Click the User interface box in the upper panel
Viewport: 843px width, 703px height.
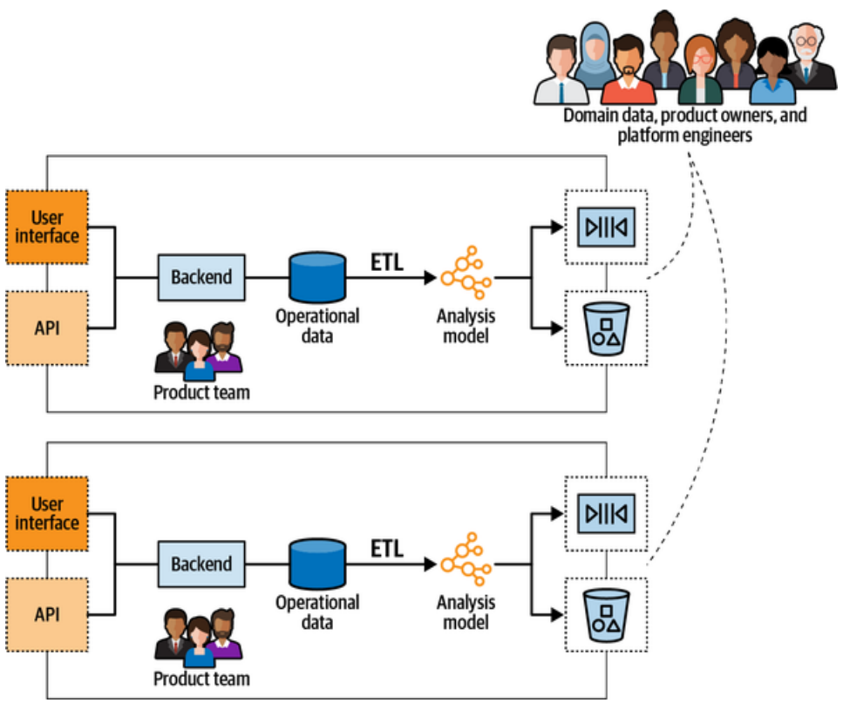[x=47, y=226]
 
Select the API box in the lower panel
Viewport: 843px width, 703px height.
[x=47, y=613]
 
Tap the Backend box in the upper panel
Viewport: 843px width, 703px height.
[x=201, y=277]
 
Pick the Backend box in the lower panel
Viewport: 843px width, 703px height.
[x=201, y=564]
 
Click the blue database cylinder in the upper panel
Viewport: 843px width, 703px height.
[x=317, y=277]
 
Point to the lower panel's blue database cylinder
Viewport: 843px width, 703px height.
[x=317, y=564]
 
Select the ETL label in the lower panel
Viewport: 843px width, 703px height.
[x=387, y=548]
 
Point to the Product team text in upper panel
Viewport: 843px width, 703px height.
[x=201, y=392]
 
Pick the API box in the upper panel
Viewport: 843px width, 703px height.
[x=47, y=327]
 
